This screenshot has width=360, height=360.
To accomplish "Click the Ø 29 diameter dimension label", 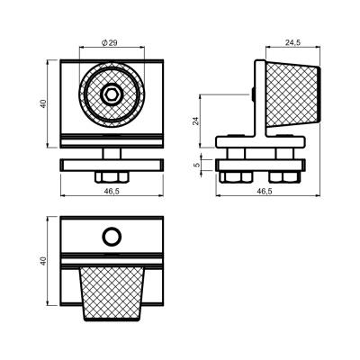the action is [110, 43].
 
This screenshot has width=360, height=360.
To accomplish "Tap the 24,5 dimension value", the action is [292, 42].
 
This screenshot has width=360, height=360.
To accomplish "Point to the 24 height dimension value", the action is [195, 121].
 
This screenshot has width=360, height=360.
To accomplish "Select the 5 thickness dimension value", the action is [196, 165].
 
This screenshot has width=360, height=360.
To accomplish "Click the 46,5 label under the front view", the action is [112, 192].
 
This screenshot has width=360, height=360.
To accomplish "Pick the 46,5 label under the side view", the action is [265, 192].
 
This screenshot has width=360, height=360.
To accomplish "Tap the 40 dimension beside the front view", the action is [44, 103].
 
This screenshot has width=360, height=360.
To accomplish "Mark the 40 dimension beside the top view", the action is [44, 261].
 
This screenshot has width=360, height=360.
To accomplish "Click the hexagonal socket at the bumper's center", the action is [112, 94].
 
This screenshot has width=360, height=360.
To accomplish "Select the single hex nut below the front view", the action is [112, 177].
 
